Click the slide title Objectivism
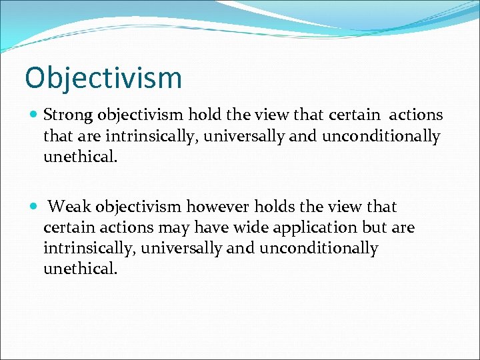[103, 78]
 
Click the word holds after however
[269, 207]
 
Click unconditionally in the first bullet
[381, 137]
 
